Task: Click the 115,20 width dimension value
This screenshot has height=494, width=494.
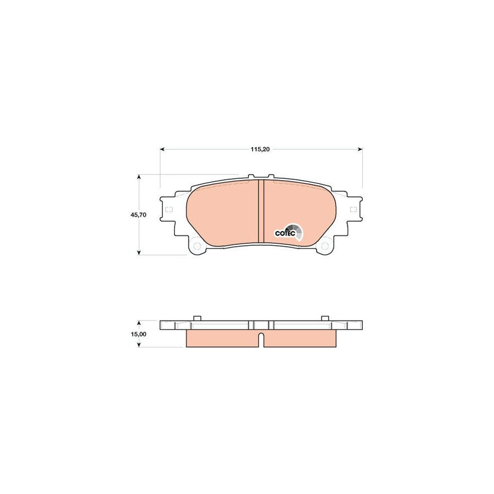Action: click(261, 149)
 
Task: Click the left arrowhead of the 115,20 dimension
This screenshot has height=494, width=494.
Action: click(162, 149)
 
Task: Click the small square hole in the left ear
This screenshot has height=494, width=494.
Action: click(169, 210)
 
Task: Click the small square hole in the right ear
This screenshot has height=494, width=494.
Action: click(352, 209)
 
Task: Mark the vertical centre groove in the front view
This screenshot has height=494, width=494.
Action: click(261, 214)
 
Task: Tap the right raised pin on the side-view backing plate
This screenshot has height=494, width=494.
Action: click(324, 318)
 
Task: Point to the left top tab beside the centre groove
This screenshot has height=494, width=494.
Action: click(251, 177)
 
